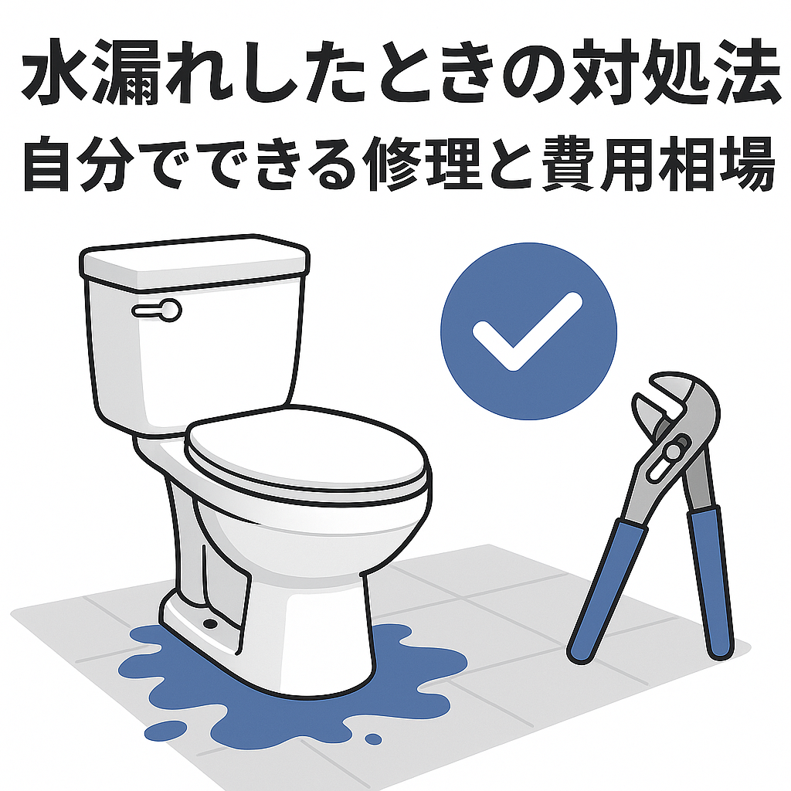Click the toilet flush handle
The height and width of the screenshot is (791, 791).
[157, 310]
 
